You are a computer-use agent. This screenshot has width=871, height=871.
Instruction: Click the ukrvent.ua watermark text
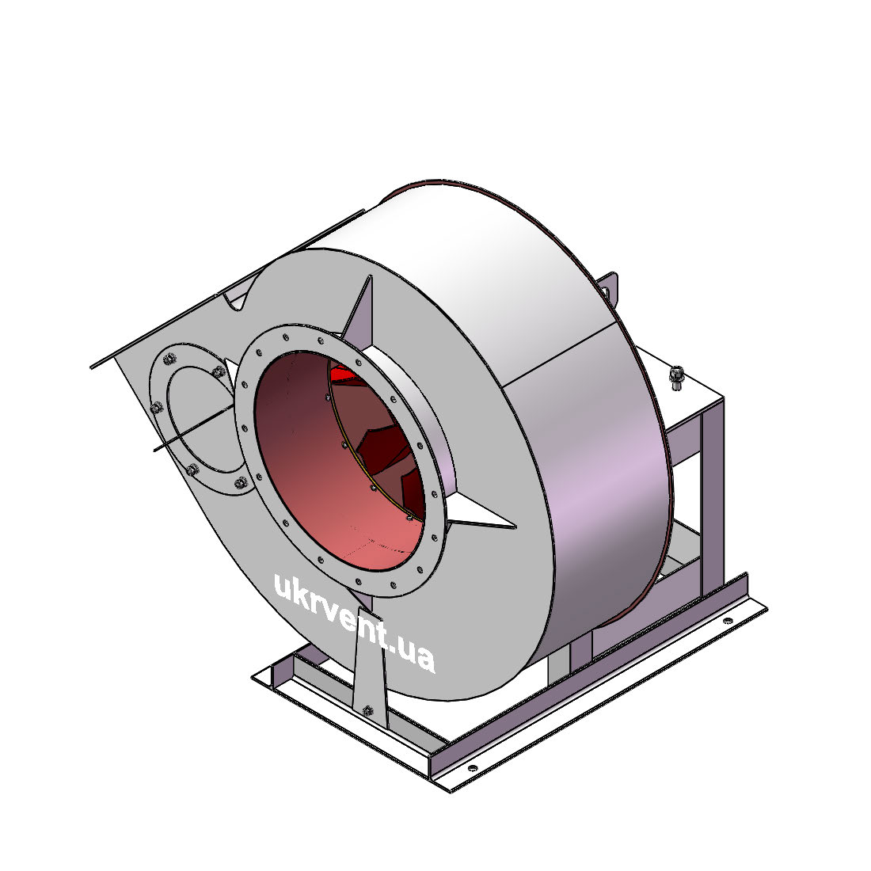pos(355,622)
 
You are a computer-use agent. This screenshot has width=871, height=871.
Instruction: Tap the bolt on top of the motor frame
pos(676,378)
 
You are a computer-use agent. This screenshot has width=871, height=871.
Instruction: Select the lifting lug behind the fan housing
pos(610,287)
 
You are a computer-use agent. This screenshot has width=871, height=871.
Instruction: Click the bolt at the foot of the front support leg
pos(367,710)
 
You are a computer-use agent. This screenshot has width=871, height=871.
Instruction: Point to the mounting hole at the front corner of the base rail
pos(473,768)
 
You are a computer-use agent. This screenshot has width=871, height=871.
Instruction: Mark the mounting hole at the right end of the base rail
pos(728,621)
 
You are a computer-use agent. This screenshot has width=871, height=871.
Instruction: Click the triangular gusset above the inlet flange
pos(358,308)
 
